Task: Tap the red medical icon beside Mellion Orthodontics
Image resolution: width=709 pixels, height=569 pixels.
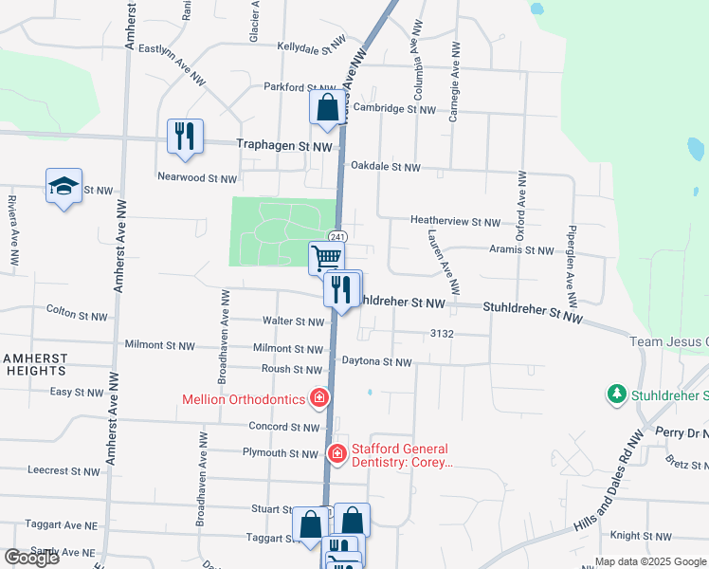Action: [x=319, y=396]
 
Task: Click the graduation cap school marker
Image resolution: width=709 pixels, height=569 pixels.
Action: [x=64, y=186]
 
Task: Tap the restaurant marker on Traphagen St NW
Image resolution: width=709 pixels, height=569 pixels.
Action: [x=185, y=135]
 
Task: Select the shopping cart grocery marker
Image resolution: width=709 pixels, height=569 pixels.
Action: [x=326, y=256]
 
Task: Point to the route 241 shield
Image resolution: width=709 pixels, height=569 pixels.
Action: [x=336, y=236]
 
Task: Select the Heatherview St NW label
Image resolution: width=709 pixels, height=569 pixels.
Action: [x=455, y=222]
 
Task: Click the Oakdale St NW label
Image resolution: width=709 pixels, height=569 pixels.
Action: [x=385, y=167]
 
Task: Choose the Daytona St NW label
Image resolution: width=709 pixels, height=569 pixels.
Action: [x=377, y=362]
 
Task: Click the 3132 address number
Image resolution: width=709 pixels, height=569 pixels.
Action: [x=444, y=335]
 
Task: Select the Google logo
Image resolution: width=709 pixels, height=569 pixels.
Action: [x=31, y=557]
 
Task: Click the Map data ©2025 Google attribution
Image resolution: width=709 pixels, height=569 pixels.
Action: [x=651, y=561]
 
